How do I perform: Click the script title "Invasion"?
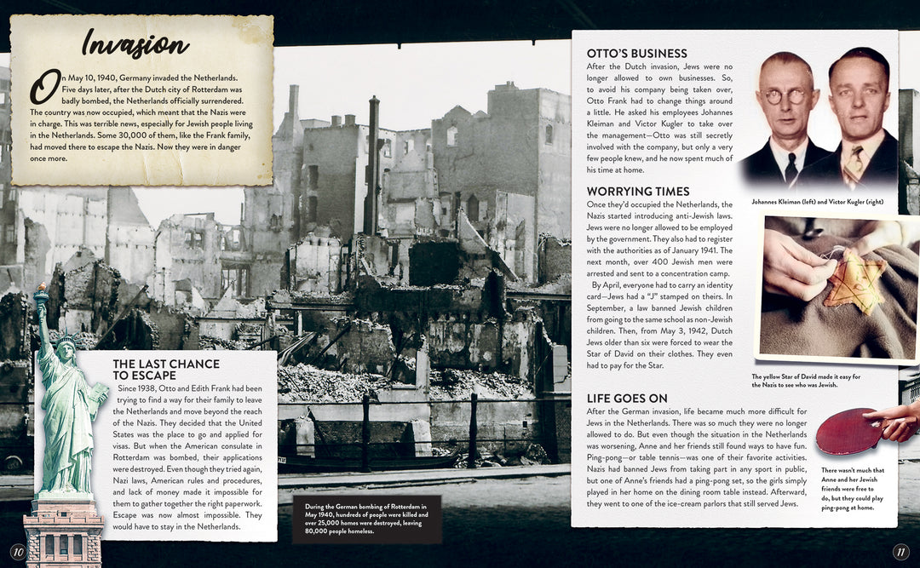135,44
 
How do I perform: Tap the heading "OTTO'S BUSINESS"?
636,54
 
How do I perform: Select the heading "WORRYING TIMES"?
638,192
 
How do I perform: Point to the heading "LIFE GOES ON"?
627,399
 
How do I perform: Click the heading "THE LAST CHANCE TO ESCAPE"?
166,370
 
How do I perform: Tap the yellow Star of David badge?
854,282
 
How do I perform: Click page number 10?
17,552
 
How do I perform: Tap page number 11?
900,552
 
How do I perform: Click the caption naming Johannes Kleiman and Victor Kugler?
817,202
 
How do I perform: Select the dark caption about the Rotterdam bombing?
366,519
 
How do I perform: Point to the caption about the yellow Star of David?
807,381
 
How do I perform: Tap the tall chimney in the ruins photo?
372,166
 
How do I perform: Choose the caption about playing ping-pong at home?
853,489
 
